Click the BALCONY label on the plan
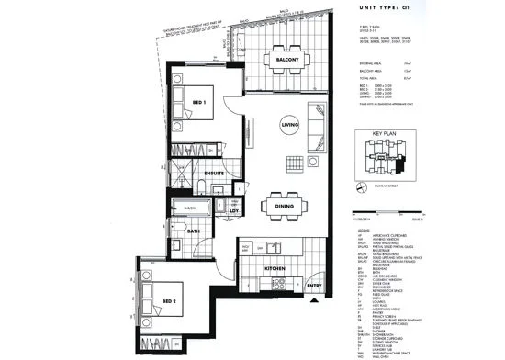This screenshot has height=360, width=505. [x=278, y=62]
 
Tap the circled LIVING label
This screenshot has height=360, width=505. [x=290, y=124]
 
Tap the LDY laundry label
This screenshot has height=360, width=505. [x=234, y=211]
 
